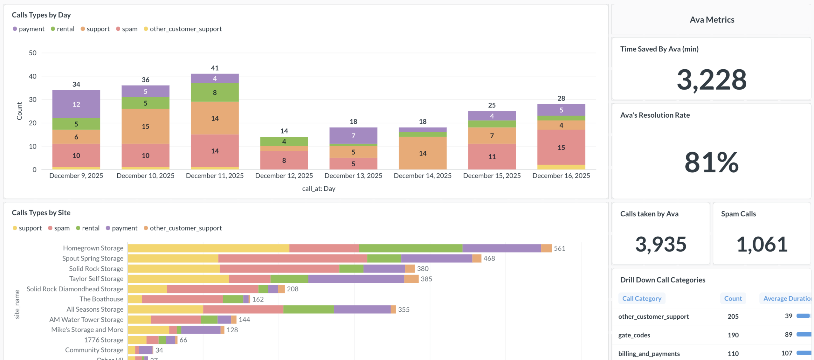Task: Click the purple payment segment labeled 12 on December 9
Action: (x=76, y=104)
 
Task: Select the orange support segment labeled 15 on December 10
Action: (x=145, y=126)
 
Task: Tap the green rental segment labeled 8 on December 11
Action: (x=215, y=93)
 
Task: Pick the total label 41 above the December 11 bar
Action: (x=215, y=68)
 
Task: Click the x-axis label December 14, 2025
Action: (x=422, y=176)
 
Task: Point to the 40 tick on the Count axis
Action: (x=32, y=76)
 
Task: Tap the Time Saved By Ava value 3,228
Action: (x=711, y=80)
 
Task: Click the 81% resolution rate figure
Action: (x=711, y=162)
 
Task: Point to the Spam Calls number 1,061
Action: (x=762, y=244)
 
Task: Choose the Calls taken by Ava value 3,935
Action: (x=661, y=244)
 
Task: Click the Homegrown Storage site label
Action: (x=93, y=248)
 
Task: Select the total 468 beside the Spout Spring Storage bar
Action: (x=489, y=258)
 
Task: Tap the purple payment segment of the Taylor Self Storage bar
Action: (x=356, y=279)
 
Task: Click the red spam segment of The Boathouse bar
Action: (x=182, y=299)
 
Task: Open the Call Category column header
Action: (x=642, y=298)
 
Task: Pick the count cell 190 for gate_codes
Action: (x=733, y=335)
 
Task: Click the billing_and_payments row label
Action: (x=649, y=353)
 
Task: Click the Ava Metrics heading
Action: (x=712, y=20)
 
